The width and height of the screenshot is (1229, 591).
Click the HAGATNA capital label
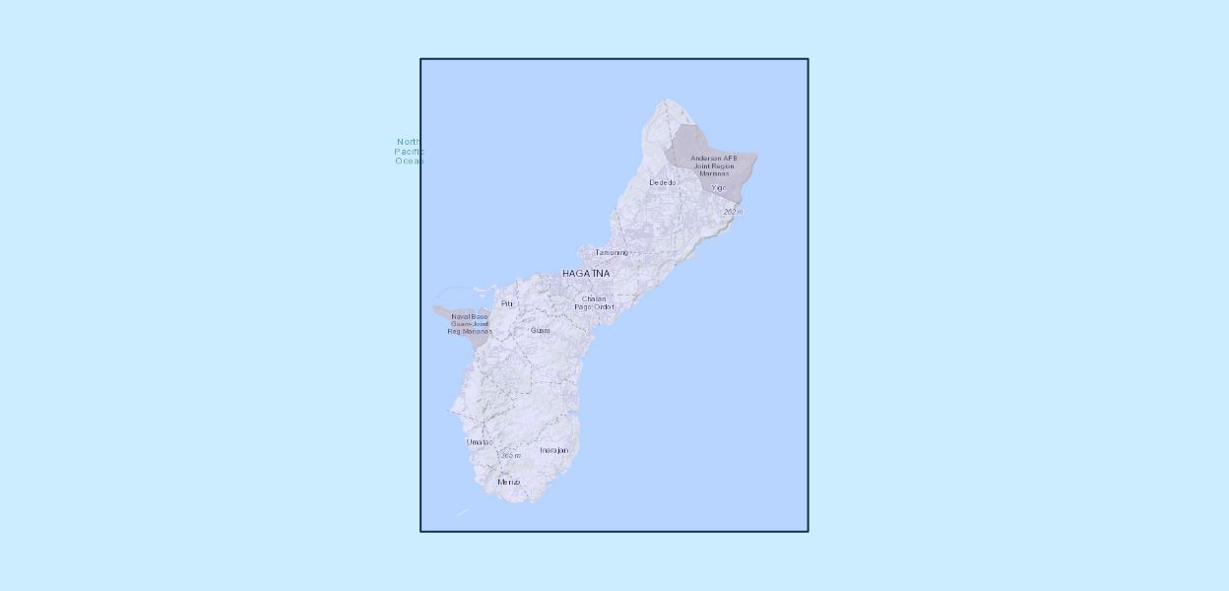586,273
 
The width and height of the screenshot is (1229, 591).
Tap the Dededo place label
663,182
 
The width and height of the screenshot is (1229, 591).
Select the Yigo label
718,188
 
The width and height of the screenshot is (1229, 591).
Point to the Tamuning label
611,252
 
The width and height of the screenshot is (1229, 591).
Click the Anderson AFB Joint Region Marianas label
714,165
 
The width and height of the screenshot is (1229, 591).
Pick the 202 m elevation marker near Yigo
733,212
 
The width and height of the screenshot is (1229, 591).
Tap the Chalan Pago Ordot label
594,302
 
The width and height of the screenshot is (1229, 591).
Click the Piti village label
507,303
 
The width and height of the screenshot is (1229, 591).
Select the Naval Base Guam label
470,323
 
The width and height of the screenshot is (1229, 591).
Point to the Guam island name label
540,330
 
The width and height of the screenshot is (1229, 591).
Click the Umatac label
480,442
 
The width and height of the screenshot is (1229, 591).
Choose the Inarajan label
553,450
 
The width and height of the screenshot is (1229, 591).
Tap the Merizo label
508,482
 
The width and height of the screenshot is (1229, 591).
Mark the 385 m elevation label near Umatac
510,455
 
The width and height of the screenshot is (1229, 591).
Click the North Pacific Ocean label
409,151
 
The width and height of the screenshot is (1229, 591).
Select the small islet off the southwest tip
463,512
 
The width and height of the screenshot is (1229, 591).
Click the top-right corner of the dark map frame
808,59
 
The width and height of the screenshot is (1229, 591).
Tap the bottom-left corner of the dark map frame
421,531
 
